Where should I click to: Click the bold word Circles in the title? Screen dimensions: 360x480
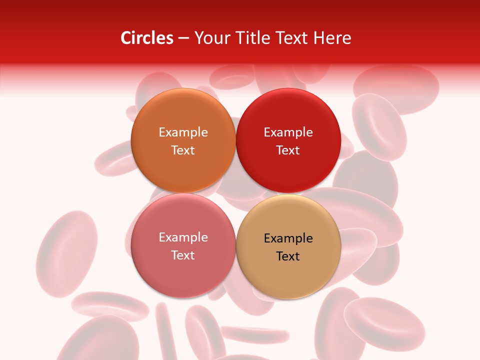click(146, 38)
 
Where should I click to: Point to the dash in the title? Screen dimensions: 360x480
click(183, 38)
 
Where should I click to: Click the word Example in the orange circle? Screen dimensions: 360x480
click(183, 132)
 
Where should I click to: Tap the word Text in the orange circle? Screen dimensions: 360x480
click(183, 150)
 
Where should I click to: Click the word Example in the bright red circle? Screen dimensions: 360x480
click(288, 132)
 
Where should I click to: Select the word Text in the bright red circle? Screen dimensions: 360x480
click(288, 150)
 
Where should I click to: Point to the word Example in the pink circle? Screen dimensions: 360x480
click(183, 237)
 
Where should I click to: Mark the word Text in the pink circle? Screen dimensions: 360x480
click(183, 255)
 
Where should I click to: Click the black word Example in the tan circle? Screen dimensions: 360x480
click(288, 238)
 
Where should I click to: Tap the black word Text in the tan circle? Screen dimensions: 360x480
click(288, 256)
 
